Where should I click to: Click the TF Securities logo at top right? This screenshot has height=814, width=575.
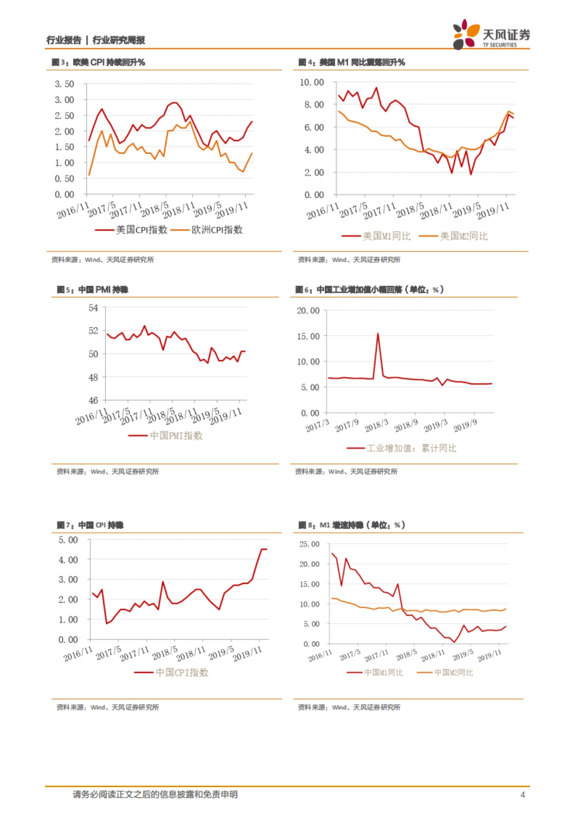click(491, 35)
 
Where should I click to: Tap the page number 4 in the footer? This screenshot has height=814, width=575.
click(523, 795)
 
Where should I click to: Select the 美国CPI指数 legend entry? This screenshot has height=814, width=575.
click(131, 230)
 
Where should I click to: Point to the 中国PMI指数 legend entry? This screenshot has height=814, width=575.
click(166, 436)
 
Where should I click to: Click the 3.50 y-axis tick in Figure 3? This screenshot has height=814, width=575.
click(64, 84)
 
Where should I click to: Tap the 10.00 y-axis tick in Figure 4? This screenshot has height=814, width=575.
click(311, 82)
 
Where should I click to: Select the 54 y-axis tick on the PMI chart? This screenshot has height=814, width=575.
click(93, 308)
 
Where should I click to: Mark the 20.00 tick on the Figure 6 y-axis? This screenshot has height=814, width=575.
click(308, 311)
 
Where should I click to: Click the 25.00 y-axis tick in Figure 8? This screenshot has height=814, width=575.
click(309, 545)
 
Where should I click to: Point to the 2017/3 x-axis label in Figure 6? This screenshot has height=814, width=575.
click(317, 426)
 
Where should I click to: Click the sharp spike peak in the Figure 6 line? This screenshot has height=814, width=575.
click(378, 334)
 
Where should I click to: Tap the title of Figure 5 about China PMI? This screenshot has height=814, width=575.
click(92, 290)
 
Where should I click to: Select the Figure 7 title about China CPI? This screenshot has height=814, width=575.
click(90, 525)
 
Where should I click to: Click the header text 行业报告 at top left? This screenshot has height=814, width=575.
click(64, 40)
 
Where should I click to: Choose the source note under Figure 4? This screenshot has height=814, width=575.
click(349, 260)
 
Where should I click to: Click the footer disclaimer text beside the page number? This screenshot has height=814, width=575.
click(155, 795)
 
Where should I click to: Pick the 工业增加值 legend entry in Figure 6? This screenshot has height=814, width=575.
click(402, 448)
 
